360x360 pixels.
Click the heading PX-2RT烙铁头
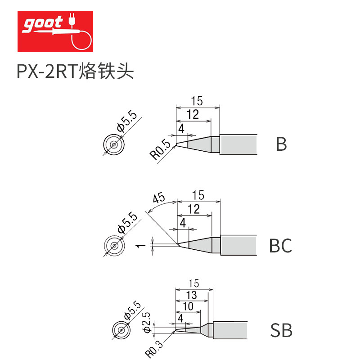[x=76, y=72]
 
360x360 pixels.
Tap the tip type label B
[x=281, y=144]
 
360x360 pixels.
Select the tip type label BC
[x=280, y=246]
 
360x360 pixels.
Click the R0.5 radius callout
[x=161, y=150]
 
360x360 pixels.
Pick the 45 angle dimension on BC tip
[x=158, y=198]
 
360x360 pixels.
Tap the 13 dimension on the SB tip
[x=191, y=295]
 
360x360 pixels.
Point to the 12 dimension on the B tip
[x=192, y=115]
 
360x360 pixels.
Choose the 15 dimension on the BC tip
[x=198, y=195]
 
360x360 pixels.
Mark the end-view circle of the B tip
[x=114, y=144]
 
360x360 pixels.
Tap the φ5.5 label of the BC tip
[x=127, y=223]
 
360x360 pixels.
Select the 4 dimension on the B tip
[x=181, y=129]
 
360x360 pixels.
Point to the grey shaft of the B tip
[x=238, y=144]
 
